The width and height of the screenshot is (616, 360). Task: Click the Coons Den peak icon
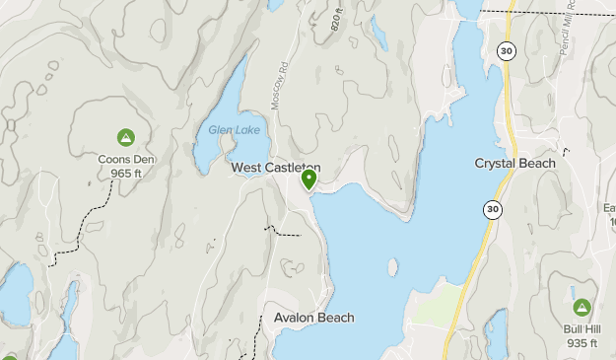125,137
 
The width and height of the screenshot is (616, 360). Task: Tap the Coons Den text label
125,159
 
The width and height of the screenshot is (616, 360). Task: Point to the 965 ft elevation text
125,174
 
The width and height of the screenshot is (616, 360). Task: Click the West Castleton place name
276,169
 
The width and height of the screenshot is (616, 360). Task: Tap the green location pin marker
309,180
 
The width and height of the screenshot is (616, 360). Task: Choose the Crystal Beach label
514,163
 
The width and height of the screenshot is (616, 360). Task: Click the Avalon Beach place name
314,318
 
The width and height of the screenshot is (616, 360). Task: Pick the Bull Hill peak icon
582,308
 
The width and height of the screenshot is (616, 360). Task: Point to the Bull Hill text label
582,328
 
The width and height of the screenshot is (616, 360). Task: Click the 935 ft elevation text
582,343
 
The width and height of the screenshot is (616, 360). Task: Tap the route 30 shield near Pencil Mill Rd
506,50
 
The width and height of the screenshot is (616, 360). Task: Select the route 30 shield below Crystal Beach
491,208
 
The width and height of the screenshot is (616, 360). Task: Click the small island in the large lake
392,267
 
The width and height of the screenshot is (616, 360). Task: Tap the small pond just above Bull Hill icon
574,291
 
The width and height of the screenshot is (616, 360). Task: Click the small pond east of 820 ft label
378,33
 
